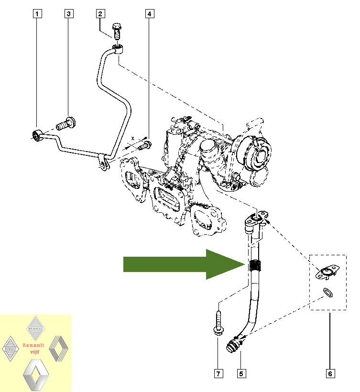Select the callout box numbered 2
tap(100, 14)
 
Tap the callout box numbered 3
tap(69, 14)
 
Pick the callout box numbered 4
tap(149, 14)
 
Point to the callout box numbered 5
tap(242, 373)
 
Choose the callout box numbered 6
tap(329, 373)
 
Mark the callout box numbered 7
tap(218, 373)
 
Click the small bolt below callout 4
tap(144, 145)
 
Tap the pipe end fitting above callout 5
tap(232, 345)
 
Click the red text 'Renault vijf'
tap(33, 348)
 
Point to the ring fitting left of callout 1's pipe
tap(36, 134)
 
